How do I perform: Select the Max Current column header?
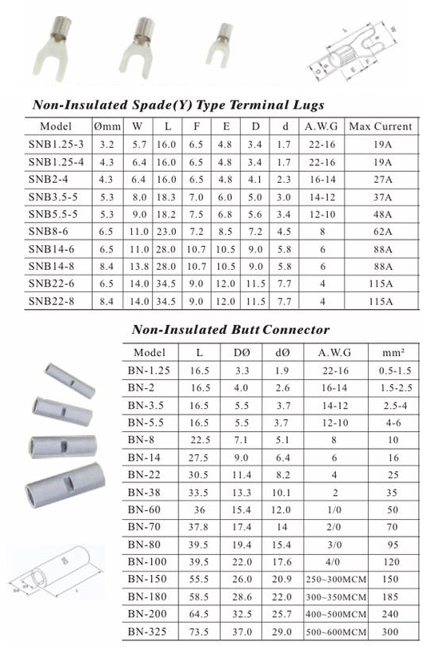coord(381,126)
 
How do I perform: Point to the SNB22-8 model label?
coord(54,302)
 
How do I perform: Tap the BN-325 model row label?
coord(148,631)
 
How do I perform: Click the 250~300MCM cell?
coord(336,577)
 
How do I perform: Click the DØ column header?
coord(241,352)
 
